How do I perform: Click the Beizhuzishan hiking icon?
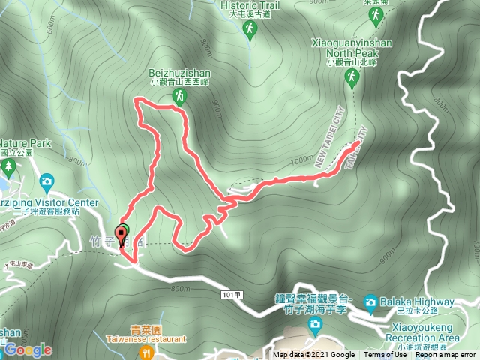click(x=178, y=95)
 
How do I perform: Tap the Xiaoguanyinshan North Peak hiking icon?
click(x=351, y=76)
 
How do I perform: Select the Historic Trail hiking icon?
click(x=250, y=28)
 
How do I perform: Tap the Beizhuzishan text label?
click(x=179, y=73)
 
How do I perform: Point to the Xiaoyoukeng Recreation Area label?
click(x=425, y=333)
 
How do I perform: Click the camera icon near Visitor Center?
click(x=46, y=181)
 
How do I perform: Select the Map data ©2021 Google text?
click(x=313, y=355)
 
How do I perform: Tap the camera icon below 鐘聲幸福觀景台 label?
click(x=316, y=324)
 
